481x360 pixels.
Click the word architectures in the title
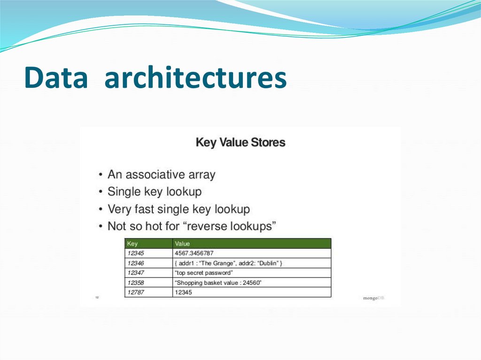tap(195, 78)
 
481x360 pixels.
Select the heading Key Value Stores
tap(240, 142)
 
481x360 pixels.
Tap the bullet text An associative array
tap(161, 175)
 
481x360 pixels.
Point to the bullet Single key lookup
tap(155, 191)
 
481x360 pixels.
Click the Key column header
tap(132, 244)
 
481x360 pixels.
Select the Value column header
tap(182, 244)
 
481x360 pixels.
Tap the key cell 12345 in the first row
tap(136, 253)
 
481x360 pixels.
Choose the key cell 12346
tap(136, 263)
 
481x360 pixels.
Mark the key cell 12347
tap(136, 273)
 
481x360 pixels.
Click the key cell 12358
tap(136, 283)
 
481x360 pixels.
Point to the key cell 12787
tap(136, 292)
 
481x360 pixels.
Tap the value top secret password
tap(203, 273)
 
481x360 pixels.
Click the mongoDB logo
tap(373, 298)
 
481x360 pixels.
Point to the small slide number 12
tap(97, 297)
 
